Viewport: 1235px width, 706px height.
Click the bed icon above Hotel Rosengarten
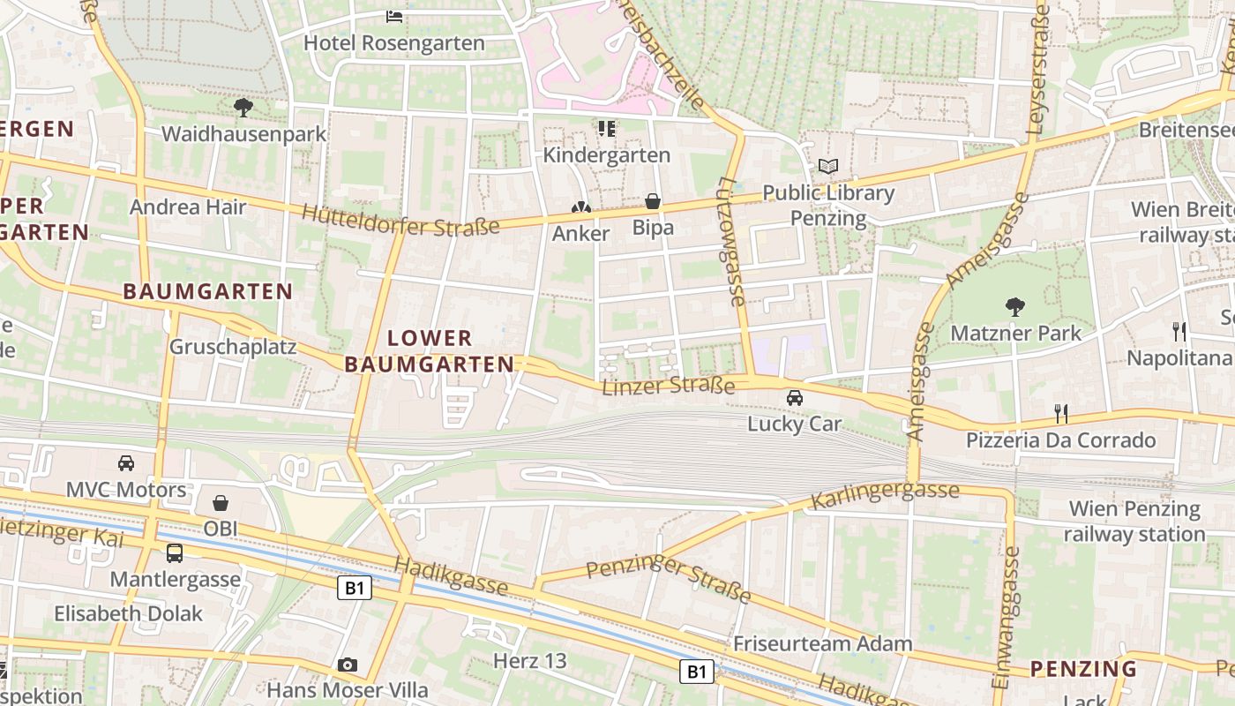click(x=394, y=16)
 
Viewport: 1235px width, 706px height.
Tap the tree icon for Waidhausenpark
click(x=243, y=108)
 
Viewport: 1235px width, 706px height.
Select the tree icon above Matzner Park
click(x=1015, y=307)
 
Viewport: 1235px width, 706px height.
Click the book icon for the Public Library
click(x=827, y=166)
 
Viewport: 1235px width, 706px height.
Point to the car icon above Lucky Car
click(x=795, y=398)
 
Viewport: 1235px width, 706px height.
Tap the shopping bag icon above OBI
click(x=221, y=503)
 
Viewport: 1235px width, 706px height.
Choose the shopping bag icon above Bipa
click(x=653, y=202)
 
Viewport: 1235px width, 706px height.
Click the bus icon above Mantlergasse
click(x=175, y=553)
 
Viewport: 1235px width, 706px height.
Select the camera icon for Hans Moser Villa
click(x=348, y=665)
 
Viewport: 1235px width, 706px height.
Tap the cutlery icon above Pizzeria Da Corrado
click(x=1061, y=413)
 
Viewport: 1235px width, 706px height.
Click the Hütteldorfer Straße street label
click(x=400, y=220)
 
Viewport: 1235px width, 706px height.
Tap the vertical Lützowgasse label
click(x=732, y=241)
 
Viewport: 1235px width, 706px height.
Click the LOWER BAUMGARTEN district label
click(x=430, y=350)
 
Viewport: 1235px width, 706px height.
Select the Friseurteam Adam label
click(x=822, y=643)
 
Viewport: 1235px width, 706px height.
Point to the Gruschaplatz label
click(x=233, y=346)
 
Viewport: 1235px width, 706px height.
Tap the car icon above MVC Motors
click(x=126, y=463)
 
